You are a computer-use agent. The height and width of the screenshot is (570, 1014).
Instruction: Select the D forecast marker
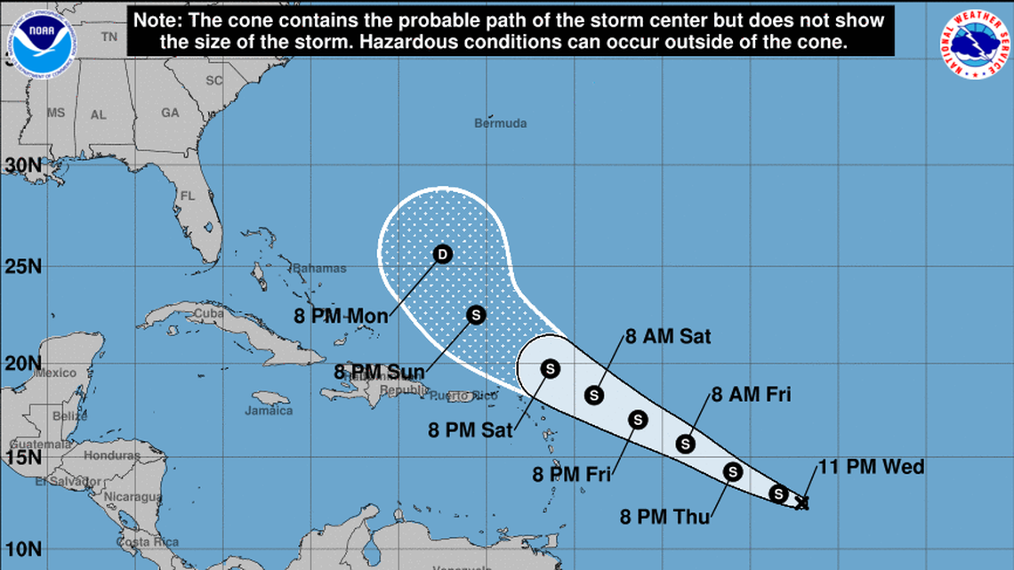pyautogui.click(x=442, y=255)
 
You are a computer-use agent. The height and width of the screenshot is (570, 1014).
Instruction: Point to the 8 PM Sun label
pyautogui.click(x=378, y=371)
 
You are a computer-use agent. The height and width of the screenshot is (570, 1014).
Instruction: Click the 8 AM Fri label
pyautogui.click(x=751, y=394)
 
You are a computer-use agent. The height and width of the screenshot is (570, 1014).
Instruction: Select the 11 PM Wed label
pyautogui.click(x=871, y=467)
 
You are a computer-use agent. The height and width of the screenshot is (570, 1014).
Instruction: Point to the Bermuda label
pyautogui.click(x=500, y=124)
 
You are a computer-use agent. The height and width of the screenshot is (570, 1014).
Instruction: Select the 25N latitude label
pyautogui.click(x=22, y=265)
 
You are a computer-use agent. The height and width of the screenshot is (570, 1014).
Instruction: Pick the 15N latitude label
pyautogui.click(x=22, y=457)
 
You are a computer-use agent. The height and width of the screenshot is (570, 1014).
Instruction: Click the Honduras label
pyautogui.click(x=111, y=455)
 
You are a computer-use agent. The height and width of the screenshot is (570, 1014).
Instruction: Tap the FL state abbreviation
pyautogui.click(x=187, y=196)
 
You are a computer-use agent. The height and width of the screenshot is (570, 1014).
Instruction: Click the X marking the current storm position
pyautogui.click(x=801, y=502)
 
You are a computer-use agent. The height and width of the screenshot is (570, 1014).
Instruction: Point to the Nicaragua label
pyautogui.click(x=132, y=496)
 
